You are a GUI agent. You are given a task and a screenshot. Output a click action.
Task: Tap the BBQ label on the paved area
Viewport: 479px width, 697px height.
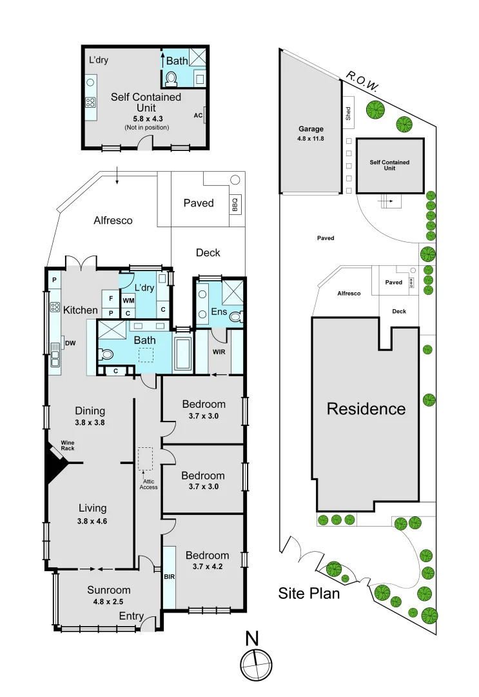[x=235, y=205]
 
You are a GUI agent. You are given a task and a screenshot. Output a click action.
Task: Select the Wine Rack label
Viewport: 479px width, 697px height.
[x=68, y=445]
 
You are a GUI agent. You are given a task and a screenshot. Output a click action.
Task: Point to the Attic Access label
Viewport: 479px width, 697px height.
[x=148, y=484]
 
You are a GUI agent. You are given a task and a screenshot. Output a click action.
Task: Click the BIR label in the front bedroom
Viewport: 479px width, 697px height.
[x=170, y=576]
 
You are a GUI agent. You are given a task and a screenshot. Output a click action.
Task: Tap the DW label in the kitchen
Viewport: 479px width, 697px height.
[x=69, y=343]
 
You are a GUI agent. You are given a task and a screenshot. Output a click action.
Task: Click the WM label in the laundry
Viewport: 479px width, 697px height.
[x=128, y=300]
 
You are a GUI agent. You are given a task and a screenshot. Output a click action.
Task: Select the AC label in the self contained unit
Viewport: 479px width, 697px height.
[x=198, y=116]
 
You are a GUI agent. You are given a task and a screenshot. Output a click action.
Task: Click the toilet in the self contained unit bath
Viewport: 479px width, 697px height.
[x=171, y=79]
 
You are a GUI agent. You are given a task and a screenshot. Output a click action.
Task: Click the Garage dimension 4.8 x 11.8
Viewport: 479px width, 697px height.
[x=311, y=139]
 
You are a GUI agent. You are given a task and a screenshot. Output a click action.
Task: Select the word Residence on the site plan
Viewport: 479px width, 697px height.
[x=366, y=409]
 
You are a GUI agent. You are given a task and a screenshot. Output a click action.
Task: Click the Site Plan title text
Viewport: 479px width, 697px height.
[x=309, y=593]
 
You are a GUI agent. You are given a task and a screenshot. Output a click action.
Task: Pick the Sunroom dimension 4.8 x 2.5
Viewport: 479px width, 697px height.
[x=109, y=601]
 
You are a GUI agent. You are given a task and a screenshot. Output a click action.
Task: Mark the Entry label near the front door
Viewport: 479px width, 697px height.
[x=131, y=616]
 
